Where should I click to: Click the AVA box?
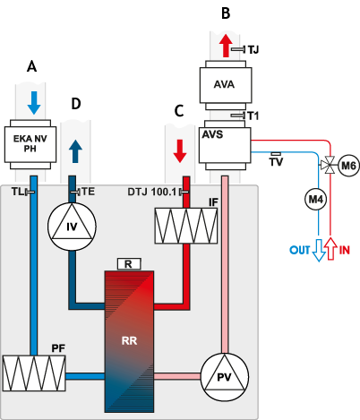(226, 85)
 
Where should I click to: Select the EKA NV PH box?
(30, 144)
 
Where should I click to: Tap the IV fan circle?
(72, 227)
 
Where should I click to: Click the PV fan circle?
(224, 377)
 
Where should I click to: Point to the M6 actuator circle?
(348, 166)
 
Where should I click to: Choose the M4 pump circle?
(316, 199)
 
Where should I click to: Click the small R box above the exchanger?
(128, 264)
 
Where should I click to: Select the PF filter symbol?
(34, 373)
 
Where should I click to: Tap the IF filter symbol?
(186, 226)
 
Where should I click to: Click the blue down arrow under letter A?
(34, 103)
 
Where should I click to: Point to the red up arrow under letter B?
(226, 46)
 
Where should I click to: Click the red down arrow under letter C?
(180, 151)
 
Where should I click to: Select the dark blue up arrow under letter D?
(75, 151)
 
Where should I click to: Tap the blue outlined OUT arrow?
(319, 250)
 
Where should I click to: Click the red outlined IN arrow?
(330, 249)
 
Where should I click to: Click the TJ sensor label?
(253, 49)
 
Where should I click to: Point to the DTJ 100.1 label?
(152, 192)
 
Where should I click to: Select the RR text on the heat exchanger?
(129, 340)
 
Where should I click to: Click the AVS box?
(225, 145)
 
